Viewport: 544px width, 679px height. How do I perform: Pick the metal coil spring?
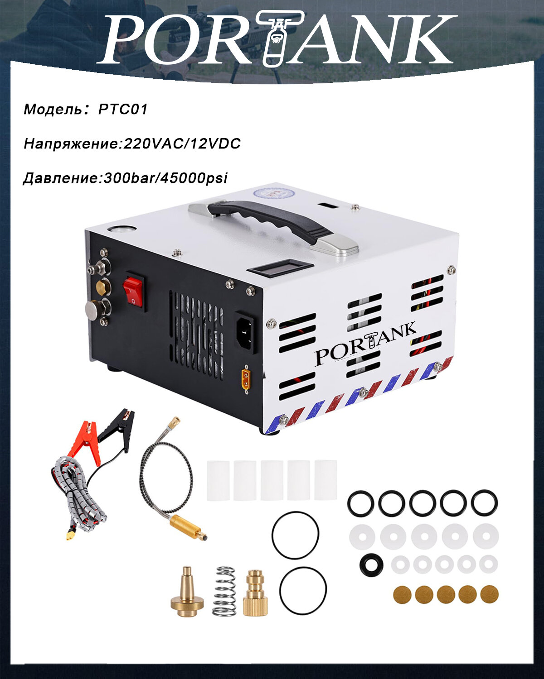tap(224, 591)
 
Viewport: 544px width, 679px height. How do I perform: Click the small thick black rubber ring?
tap(371, 564)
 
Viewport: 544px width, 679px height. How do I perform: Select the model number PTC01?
tap(123, 110)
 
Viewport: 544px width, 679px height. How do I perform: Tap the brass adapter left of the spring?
tap(187, 593)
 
